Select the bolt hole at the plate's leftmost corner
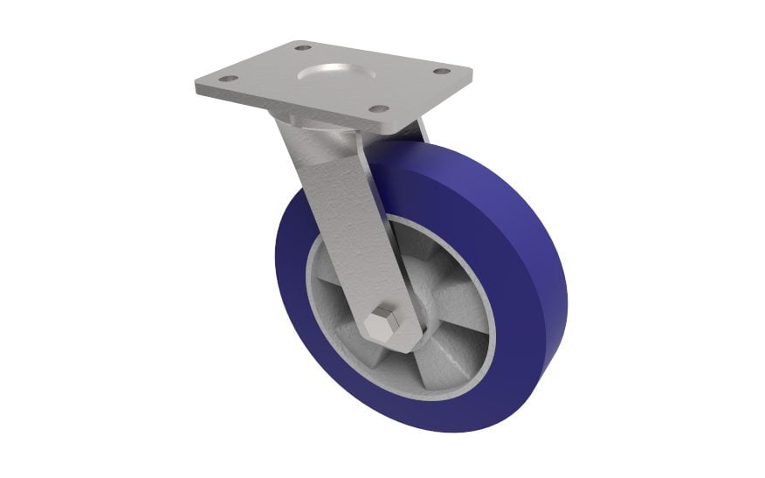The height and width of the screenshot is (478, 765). click(227, 79)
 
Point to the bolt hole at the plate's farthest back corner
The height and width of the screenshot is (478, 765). click(301, 47)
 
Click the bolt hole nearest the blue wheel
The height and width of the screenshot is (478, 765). click(378, 108)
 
